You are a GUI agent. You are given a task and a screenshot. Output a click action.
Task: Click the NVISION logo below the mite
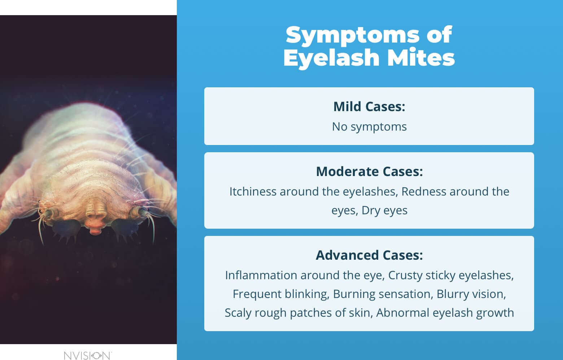88,355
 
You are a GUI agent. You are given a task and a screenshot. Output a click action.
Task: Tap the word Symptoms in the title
347,35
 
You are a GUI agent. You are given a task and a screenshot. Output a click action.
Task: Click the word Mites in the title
421,58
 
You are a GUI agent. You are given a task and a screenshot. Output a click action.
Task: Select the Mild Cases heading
369,107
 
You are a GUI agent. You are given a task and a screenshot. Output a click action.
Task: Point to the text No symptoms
369,127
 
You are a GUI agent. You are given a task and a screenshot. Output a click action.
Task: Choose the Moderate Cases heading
369,172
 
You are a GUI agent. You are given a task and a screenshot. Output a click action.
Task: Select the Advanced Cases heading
369,255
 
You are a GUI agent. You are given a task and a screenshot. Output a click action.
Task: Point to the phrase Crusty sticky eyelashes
451,275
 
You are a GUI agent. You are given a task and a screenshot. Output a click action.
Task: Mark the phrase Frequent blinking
280,294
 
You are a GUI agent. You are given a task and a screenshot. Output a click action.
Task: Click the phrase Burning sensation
383,294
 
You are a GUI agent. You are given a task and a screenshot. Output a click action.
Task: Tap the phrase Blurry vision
471,294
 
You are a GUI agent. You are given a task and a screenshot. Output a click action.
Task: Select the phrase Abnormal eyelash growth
445,313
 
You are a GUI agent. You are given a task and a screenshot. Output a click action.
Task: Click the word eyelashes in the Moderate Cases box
370,192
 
